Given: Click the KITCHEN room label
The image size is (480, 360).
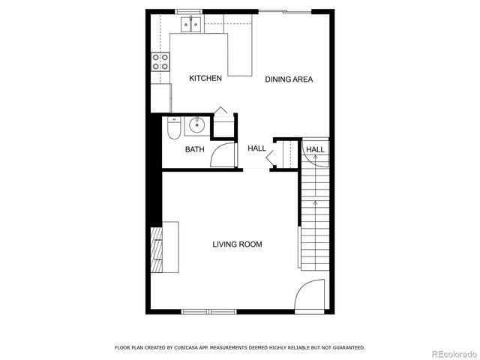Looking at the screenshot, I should (x=205, y=79).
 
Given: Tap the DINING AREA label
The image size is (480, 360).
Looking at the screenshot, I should (x=289, y=79).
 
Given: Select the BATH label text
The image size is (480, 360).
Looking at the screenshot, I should (x=194, y=149).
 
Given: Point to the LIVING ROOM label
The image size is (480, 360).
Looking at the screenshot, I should (x=237, y=244).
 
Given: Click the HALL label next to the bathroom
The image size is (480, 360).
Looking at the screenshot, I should (x=256, y=148).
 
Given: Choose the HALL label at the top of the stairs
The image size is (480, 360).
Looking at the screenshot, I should (x=315, y=150).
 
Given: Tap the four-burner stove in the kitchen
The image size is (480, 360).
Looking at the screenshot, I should (x=160, y=61).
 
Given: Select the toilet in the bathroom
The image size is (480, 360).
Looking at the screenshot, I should (x=172, y=130).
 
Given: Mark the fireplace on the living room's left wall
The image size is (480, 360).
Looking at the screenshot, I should (x=157, y=247).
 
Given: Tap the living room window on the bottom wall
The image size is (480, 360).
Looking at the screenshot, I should (x=209, y=311).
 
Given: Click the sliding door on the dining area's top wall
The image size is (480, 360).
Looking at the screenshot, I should (x=285, y=11).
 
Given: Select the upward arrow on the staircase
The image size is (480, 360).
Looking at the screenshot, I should (x=315, y=202).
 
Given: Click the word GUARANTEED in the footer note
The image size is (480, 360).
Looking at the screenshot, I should (x=346, y=348).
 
